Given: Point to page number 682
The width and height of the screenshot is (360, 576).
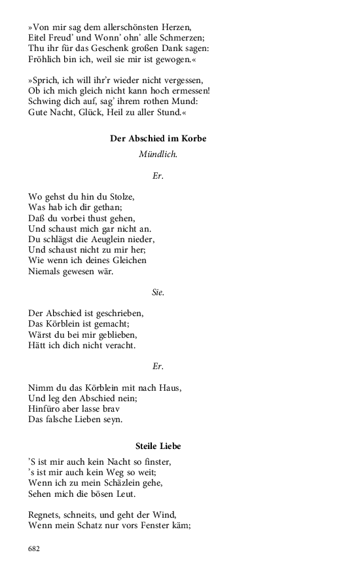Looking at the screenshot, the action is pos(35,549).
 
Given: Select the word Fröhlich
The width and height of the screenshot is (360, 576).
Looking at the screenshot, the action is pos(47,61).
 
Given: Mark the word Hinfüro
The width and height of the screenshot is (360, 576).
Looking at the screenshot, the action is pos(46,408).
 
